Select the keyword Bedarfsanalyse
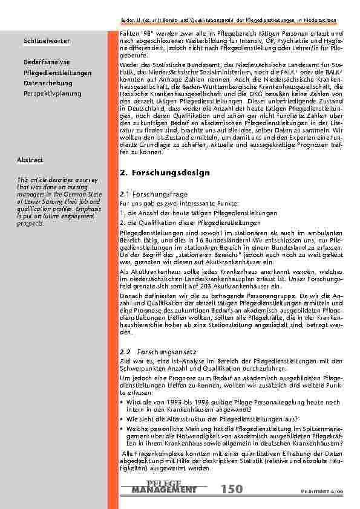pos(47,62)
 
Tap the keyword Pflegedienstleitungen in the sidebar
pos(57,73)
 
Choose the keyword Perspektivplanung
pos(52,94)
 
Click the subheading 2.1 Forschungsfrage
pos(149,195)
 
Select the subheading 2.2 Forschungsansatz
pos(152,351)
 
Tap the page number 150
pos(232,489)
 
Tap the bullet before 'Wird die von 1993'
pos(122,401)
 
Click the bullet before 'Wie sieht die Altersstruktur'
pos(122,418)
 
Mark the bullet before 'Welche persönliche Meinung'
pos(122,427)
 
